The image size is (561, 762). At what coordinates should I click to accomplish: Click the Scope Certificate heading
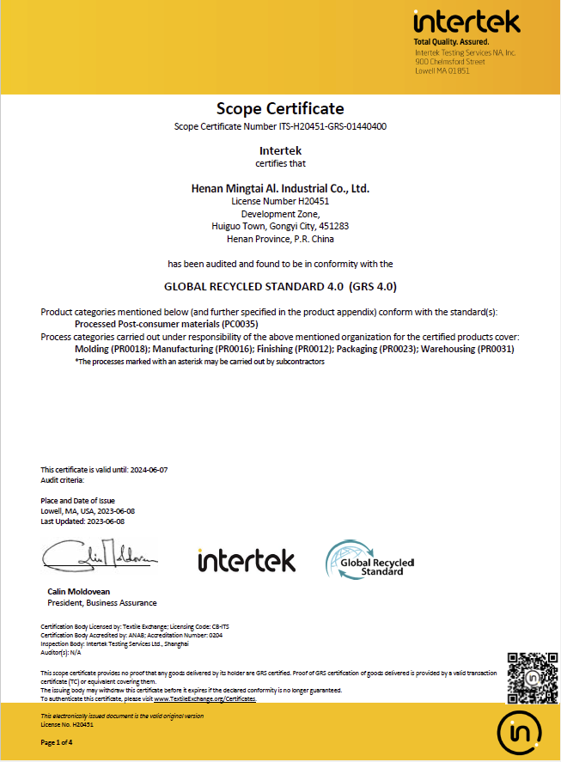click(280, 108)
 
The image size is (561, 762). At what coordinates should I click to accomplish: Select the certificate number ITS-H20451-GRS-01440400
click(332, 127)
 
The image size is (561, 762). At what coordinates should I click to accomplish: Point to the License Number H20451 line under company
click(280, 201)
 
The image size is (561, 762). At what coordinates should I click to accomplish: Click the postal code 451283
click(334, 226)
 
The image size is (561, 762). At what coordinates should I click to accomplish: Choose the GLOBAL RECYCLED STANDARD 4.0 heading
click(280, 286)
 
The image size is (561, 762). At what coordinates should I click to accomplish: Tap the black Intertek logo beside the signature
click(247, 561)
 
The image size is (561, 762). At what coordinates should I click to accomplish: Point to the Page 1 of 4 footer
click(58, 742)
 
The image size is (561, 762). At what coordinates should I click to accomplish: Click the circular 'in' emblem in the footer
click(520, 732)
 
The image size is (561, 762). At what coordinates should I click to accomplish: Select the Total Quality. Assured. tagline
click(451, 41)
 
